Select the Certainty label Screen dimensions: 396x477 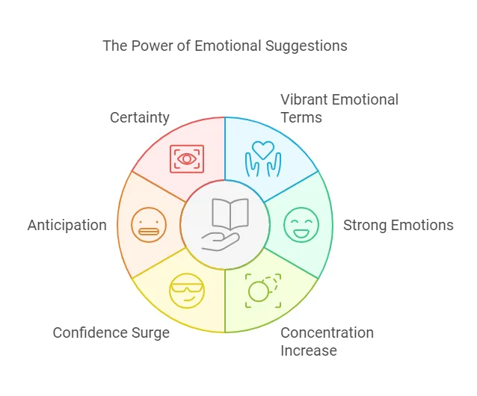(140, 117)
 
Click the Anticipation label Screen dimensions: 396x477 (67, 225)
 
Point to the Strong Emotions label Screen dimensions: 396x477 (398, 225)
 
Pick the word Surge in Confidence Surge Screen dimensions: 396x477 (151, 332)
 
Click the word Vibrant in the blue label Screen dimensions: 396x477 (304, 99)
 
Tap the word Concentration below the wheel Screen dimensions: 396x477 (327, 332)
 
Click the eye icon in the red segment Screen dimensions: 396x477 (187, 158)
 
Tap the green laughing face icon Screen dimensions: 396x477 (301, 225)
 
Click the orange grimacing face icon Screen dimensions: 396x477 (148, 225)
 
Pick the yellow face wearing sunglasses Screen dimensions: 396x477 (186, 291)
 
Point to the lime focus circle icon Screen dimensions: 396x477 (262, 289)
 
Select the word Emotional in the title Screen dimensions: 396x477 (229, 46)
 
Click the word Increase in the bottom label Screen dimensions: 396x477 (309, 350)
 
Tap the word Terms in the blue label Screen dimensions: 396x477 (301, 117)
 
